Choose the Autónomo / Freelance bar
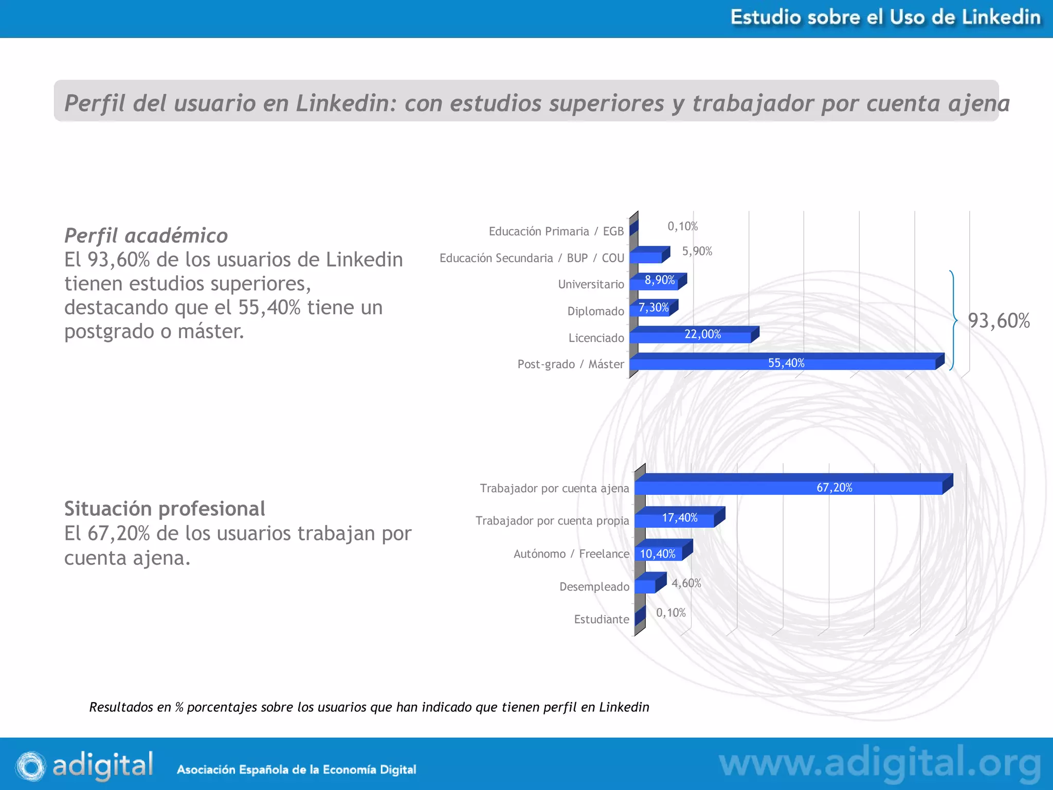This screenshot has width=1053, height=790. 659,553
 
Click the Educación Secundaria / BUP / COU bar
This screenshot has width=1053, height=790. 646,257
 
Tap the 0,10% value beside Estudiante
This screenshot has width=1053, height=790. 671,613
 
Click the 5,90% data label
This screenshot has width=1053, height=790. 697,251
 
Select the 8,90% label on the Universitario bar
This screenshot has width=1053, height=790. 660,280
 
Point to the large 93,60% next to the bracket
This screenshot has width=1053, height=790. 998,320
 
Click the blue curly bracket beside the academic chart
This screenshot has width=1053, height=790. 953,320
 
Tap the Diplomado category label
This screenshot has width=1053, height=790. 595,311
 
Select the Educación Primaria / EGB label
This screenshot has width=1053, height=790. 556,231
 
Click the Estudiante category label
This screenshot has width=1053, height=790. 601,619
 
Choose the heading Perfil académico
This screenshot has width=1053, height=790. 146,236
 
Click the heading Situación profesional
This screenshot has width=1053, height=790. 165,509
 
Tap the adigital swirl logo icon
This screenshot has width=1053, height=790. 30,766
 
